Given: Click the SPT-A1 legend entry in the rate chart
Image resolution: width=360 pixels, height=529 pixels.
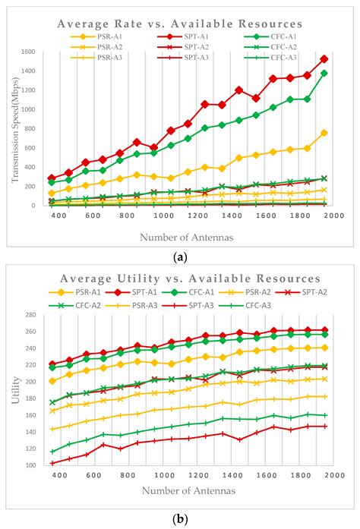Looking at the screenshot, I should pyautogui.click(x=175, y=36).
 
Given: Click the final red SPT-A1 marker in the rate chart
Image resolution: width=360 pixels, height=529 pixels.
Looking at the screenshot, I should pyautogui.click(x=324, y=58).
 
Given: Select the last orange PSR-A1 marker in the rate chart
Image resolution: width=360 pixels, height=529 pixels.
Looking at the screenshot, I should pyautogui.click(x=324, y=133).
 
